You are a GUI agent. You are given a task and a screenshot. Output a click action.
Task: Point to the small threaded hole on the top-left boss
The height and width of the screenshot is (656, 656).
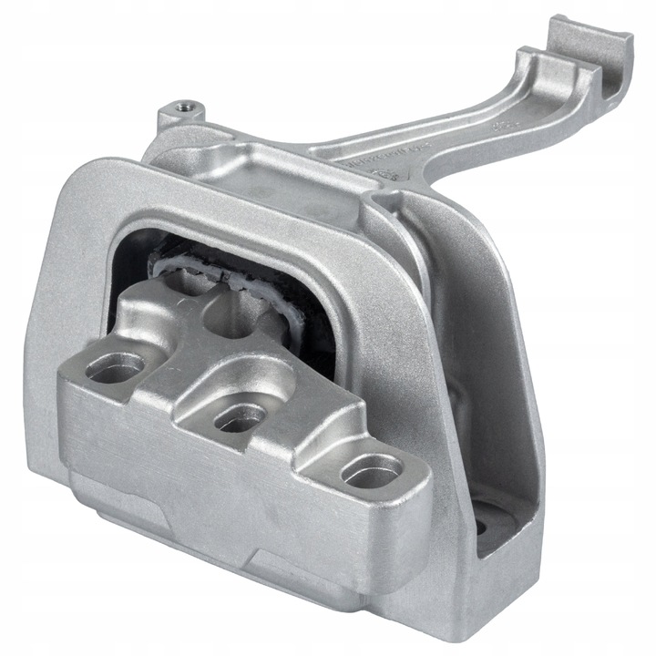point(186,106)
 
